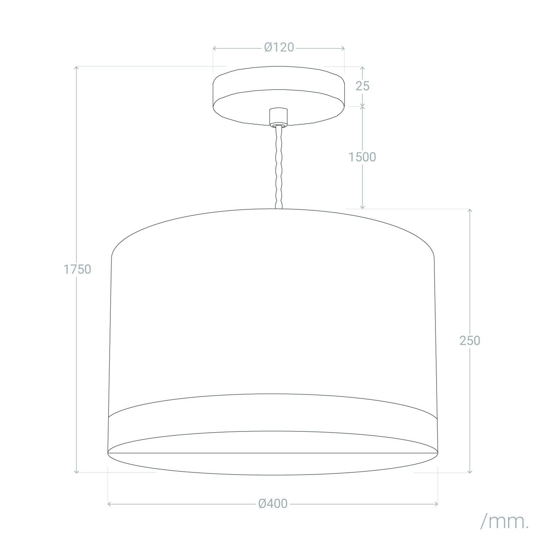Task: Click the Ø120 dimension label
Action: pos(279,47)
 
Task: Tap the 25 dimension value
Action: pos(362,86)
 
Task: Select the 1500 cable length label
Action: pos(362,157)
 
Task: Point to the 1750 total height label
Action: pos(77,269)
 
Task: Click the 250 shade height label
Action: pos(470,340)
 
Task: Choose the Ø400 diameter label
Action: pos(273,504)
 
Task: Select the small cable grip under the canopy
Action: pos(278,117)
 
